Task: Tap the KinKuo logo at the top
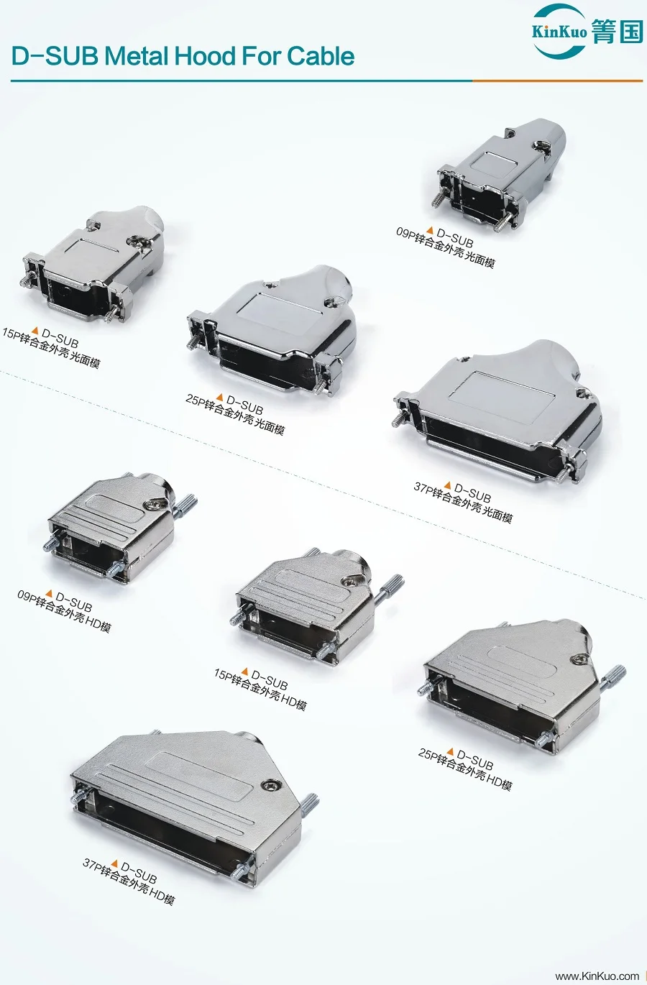click(x=587, y=31)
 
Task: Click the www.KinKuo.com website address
click(x=597, y=976)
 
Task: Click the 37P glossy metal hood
click(x=500, y=410)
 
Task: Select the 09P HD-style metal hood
click(x=115, y=525)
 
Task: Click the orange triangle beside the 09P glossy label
click(x=430, y=230)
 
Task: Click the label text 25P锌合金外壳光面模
click(x=235, y=415)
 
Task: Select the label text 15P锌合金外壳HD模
click(x=260, y=689)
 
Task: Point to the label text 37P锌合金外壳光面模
click(x=463, y=503)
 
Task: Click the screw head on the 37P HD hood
click(x=270, y=786)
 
